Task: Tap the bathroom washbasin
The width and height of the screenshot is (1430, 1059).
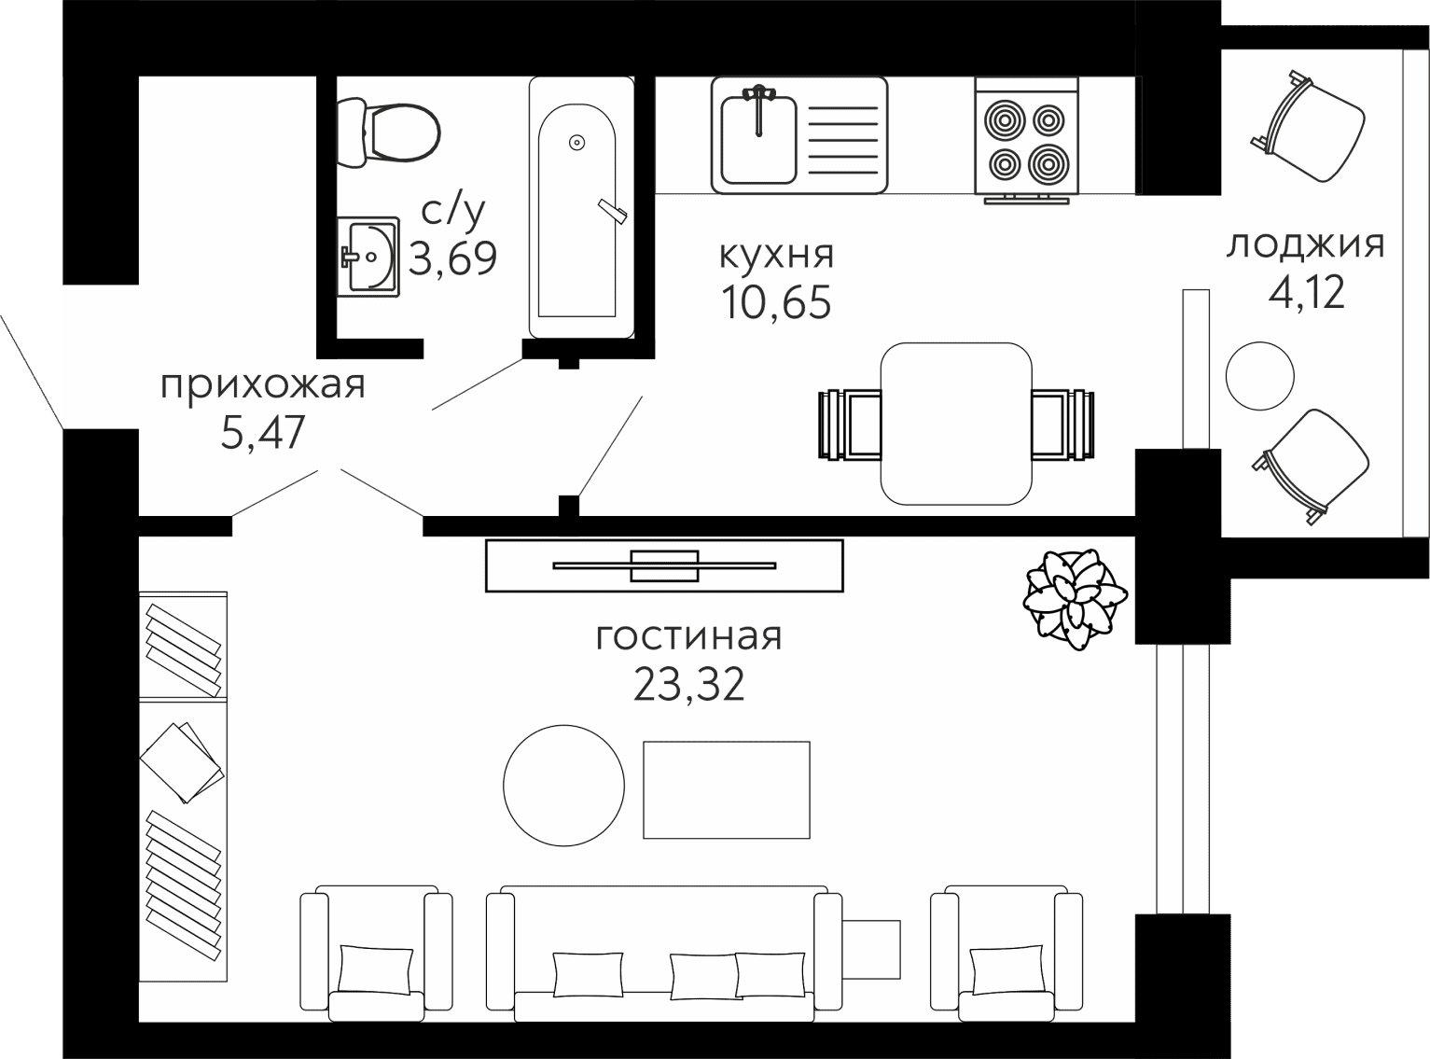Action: pos(368,257)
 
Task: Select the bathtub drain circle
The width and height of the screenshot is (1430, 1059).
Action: pos(577,142)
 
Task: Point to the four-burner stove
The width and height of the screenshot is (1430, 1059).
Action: pos(1026,141)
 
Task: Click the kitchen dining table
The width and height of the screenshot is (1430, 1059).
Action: pos(956,424)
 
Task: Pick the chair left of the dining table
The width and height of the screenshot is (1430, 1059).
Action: pos(850,425)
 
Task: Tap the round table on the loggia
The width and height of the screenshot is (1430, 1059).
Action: pos(1260,375)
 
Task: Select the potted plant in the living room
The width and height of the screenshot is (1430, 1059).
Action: pos(1075,599)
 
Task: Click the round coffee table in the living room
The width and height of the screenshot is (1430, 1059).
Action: pos(563,786)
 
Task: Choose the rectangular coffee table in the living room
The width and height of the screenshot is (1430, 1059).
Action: pos(727,789)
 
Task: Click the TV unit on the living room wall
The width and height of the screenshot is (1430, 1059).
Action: pos(664,565)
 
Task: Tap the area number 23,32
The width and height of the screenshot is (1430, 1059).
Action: pos(688,684)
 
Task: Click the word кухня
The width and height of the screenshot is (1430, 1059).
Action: pos(776,255)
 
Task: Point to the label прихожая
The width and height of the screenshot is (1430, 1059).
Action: pos(262,386)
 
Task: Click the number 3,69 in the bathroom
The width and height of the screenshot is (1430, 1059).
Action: pos(453,258)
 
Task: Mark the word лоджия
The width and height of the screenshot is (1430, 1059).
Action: pos(1306,245)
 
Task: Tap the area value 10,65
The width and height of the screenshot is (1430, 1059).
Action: pos(776,302)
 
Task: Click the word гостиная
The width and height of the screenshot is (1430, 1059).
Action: pos(688,636)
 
